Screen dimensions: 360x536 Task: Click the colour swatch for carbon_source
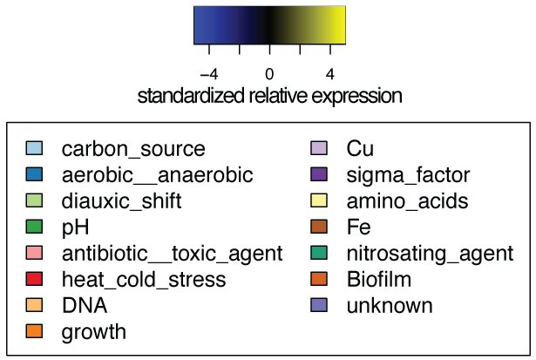[33, 149]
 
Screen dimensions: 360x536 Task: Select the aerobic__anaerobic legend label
[157, 175]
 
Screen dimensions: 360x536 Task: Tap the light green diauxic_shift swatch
[33, 201]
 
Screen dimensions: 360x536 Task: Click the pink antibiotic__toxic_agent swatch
[33, 254]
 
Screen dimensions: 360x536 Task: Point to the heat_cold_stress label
[144, 280]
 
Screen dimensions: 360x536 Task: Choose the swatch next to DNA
[33, 306]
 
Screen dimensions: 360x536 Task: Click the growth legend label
[94, 332]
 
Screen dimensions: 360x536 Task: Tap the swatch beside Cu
[319, 149]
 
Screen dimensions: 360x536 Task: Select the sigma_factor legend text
[409, 175]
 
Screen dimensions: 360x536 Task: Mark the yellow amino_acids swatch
[319, 201]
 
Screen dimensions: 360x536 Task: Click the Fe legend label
[358, 228]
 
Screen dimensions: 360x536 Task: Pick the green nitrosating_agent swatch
[319, 254]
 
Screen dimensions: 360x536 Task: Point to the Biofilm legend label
[379, 280]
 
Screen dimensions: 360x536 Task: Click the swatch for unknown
[319, 306]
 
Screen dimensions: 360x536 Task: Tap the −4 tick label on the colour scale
[208, 73]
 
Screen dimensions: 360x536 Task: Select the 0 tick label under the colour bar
[269, 73]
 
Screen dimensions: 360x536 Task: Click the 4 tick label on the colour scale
[330, 73]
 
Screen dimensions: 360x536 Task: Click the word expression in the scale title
[355, 96]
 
